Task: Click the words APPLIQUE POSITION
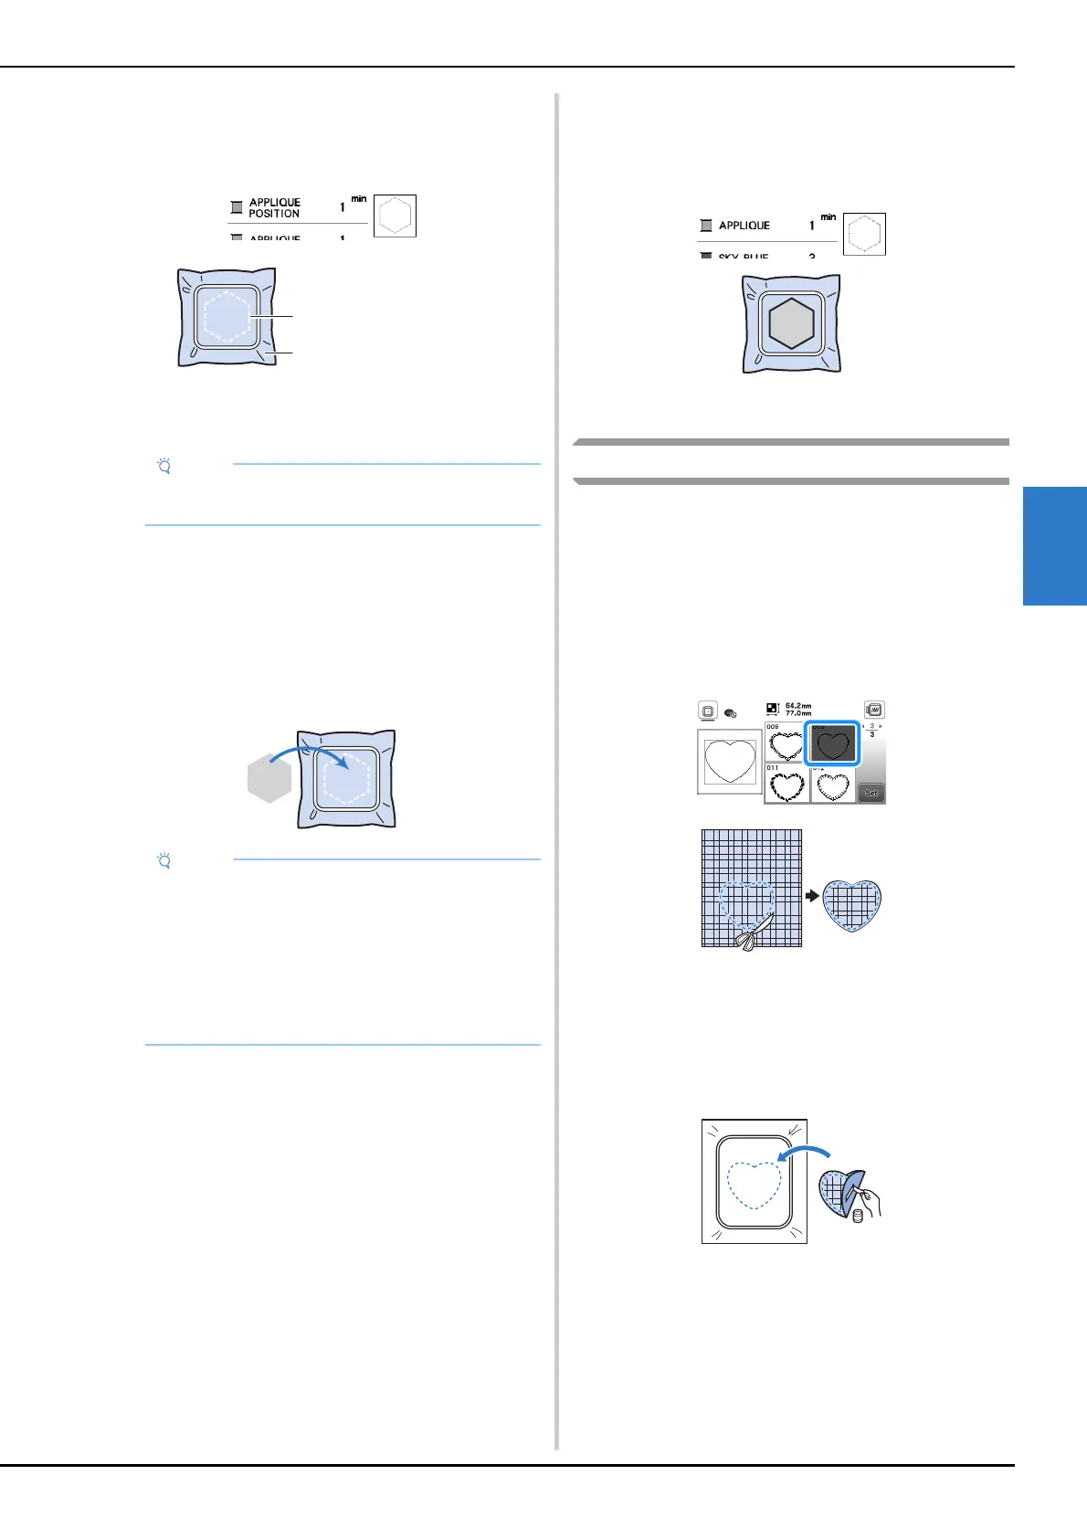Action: pyautogui.click(x=274, y=208)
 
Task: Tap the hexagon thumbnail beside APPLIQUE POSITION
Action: pyautogui.click(x=395, y=216)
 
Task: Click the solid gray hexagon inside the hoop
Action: pyautogui.click(x=791, y=324)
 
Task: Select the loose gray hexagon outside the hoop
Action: pyautogui.click(x=269, y=782)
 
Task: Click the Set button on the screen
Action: pyautogui.click(x=871, y=793)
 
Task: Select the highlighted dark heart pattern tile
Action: pyautogui.click(x=832, y=743)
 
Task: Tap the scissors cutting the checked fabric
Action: pyautogui.click(x=750, y=933)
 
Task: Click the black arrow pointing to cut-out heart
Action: pyautogui.click(x=812, y=896)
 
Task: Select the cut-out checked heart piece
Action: pyautogui.click(x=851, y=905)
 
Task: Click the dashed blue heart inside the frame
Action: pyautogui.click(x=755, y=1185)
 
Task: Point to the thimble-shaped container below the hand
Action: pyautogui.click(x=858, y=1216)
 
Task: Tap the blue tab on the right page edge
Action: pyautogui.click(x=1055, y=546)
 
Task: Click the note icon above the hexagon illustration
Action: pyautogui.click(x=164, y=467)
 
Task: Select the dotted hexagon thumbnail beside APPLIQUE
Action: pyautogui.click(x=864, y=235)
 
